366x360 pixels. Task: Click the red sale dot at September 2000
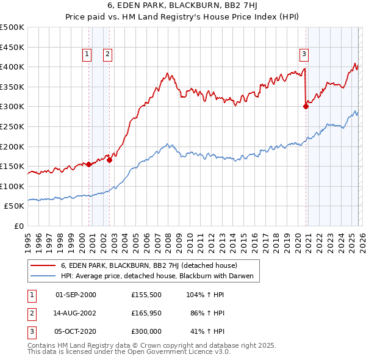(89, 164)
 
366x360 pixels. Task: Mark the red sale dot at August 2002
(110, 160)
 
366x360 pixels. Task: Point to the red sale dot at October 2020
(306, 106)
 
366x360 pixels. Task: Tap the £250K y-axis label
(12, 127)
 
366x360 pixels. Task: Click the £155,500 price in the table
(146, 295)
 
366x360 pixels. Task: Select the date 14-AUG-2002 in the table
(76, 313)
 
